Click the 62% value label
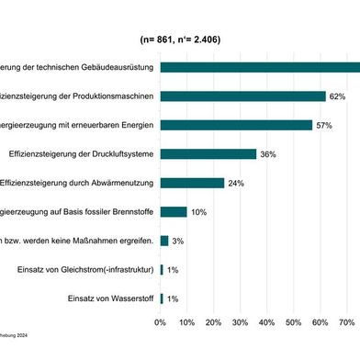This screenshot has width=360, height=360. (x=337, y=96)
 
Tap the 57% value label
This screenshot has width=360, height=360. (x=323, y=125)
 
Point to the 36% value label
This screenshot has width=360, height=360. (x=268, y=154)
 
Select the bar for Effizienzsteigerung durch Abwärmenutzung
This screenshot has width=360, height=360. (x=192, y=183)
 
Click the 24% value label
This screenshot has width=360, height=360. (x=236, y=184)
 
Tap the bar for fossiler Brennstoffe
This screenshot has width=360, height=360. (x=173, y=211)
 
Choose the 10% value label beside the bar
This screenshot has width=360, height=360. (x=198, y=212)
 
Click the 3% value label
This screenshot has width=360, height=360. (x=178, y=242)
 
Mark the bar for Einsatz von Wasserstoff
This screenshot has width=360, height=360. (x=162, y=298)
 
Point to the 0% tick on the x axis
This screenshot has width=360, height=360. (x=160, y=321)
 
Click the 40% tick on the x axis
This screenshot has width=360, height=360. (x=267, y=321)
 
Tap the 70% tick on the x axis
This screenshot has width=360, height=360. (x=348, y=321)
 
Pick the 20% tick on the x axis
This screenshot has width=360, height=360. (x=214, y=321)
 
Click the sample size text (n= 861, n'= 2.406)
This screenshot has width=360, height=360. (x=180, y=40)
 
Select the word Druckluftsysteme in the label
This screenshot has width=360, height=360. (x=119, y=153)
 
